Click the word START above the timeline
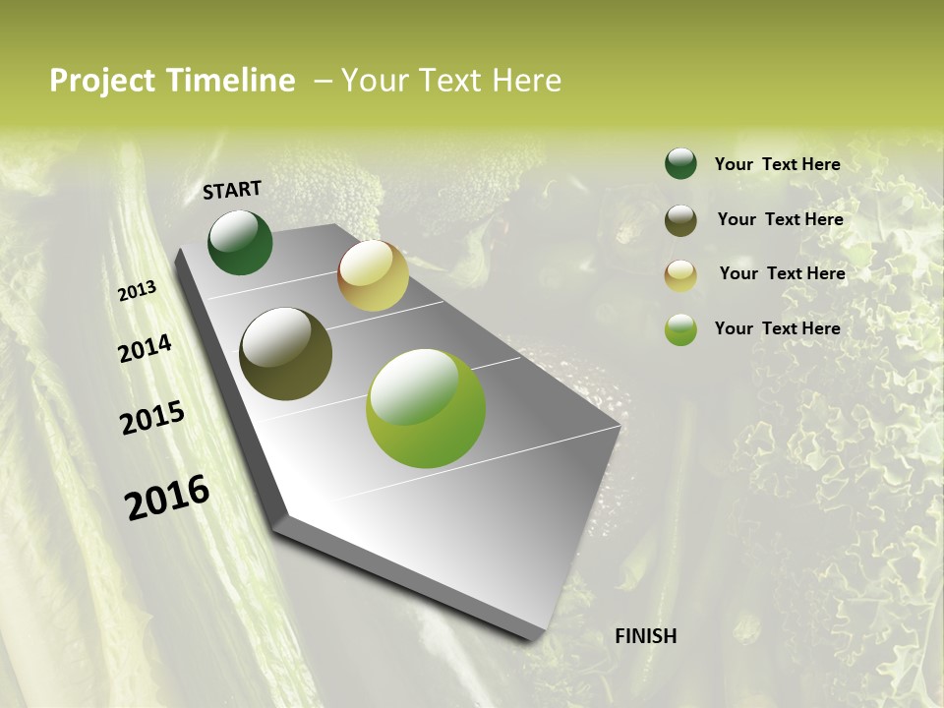coord(232,190)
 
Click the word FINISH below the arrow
coord(646,636)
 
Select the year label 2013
coord(138,291)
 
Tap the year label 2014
coord(146,348)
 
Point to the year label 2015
coord(152,418)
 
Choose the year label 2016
coord(167,498)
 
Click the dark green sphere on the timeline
coord(240,243)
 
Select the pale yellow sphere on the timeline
coord(373,275)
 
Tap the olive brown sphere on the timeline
coord(285,354)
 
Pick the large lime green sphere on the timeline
coord(426,408)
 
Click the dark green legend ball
coord(680,163)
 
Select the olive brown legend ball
coord(680,220)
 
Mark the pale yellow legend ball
coord(680,275)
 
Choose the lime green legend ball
coord(680,329)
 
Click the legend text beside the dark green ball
coord(777,164)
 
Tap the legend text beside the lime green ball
coord(777,328)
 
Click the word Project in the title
coord(102,81)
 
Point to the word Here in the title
coord(527,81)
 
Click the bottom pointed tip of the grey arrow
coord(538,636)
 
